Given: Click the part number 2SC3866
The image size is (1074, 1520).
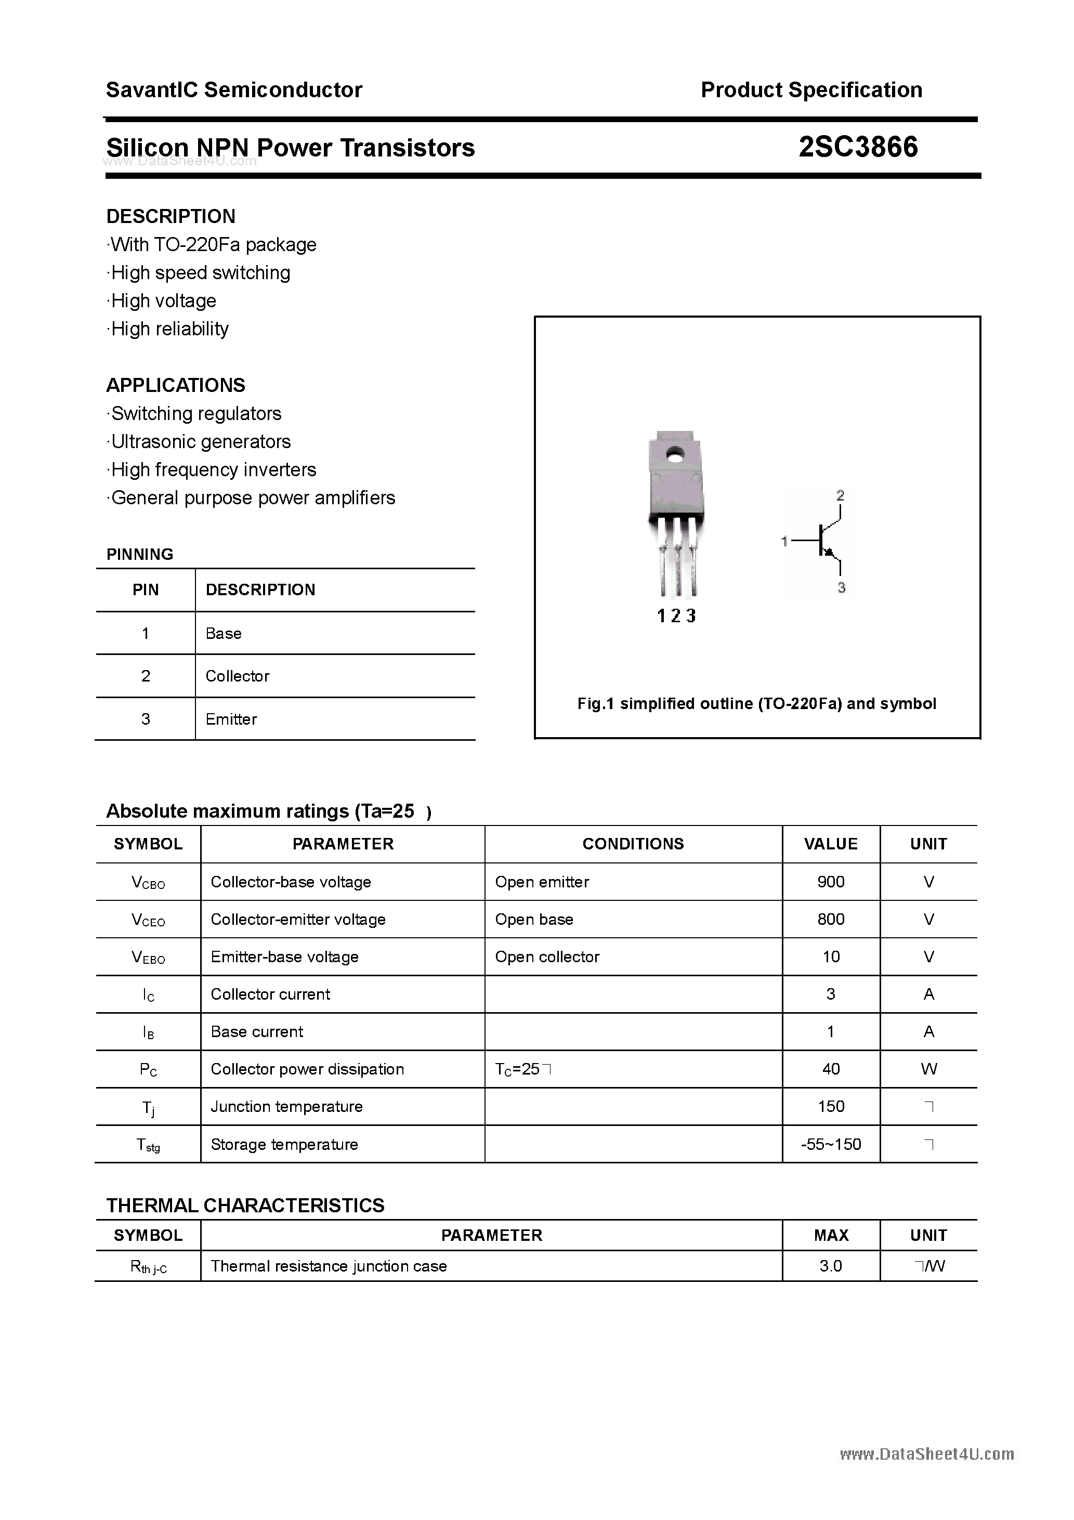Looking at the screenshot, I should click(x=858, y=147).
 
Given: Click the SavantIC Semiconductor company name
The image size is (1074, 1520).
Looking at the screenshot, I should click(x=234, y=90).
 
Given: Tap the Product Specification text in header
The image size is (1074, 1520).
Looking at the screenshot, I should click(x=811, y=90).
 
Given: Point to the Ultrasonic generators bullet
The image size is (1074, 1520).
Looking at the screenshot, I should click(x=200, y=441).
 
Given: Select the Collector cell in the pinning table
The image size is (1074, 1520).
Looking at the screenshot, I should click(x=237, y=676).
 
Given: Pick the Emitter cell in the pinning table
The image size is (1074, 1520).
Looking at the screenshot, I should click(x=231, y=719).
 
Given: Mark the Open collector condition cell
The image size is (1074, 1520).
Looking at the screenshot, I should click(x=547, y=956).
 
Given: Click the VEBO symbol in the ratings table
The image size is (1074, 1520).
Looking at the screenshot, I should click(x=148, y=958).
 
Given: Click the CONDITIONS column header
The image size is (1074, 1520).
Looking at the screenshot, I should click(x=633, y=844).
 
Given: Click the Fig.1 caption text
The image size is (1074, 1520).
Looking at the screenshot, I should click(x=757, y=704).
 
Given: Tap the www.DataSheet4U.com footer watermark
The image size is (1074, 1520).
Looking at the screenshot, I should click(x=927, y=1454).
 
